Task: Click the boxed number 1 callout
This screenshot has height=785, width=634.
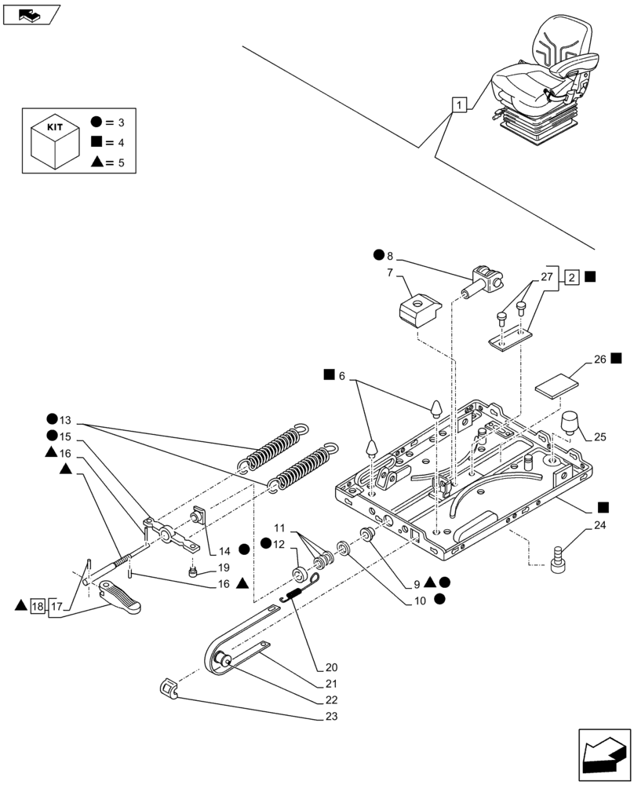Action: click(460, 104)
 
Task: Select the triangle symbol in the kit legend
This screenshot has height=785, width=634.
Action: click(96, 162)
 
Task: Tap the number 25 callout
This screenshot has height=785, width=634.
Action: click(600, 436)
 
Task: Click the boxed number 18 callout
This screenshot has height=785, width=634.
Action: click(38, 605)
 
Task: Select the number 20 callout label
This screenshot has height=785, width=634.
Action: click(323, 668)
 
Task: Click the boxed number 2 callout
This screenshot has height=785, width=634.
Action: click(572, 277)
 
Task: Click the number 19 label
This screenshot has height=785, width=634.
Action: click(223, 567)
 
